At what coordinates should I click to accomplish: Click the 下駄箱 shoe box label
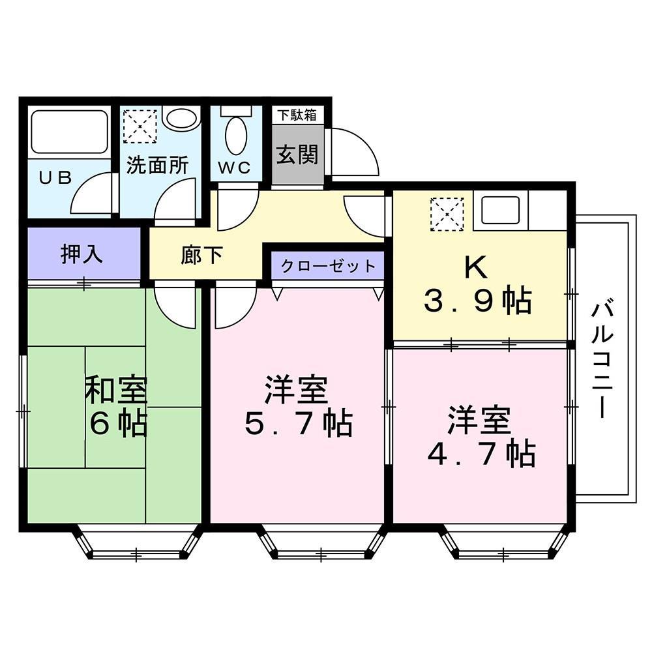(x=297, y=115)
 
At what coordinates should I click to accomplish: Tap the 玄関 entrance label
(x=297, y=155)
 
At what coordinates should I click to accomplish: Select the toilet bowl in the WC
(x=235, y=134)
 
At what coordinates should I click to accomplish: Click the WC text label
(x=234, y=168)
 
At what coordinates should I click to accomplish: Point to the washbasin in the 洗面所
(x=180, y=119)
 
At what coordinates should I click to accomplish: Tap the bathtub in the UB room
(x=69, y=132)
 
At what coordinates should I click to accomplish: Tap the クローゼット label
(x=328, y=266)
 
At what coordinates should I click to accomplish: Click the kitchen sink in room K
(x=501, y=209)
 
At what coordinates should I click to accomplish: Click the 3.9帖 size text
(x=478, y=301)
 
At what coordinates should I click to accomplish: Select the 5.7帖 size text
(x=299, y=424)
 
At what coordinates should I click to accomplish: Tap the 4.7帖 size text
(x=481, y=454)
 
